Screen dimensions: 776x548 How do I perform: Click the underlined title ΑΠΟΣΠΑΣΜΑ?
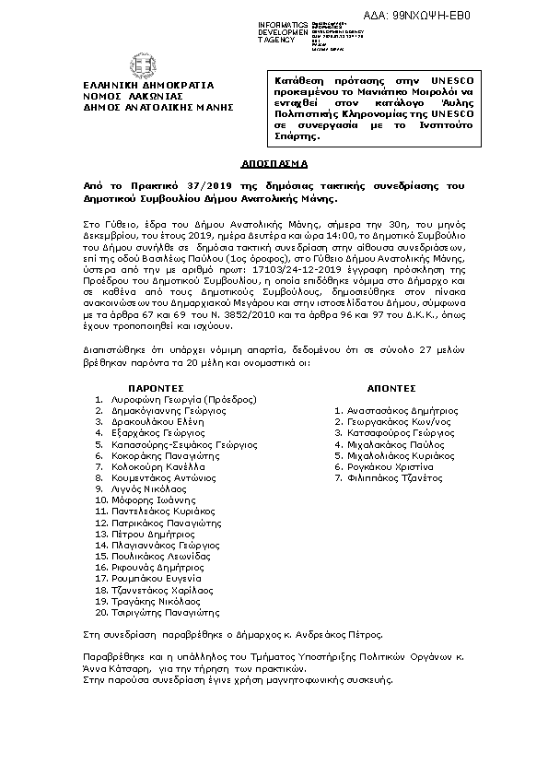tap(274, 161)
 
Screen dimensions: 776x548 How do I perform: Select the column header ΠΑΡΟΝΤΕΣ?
tap(156, 388)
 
